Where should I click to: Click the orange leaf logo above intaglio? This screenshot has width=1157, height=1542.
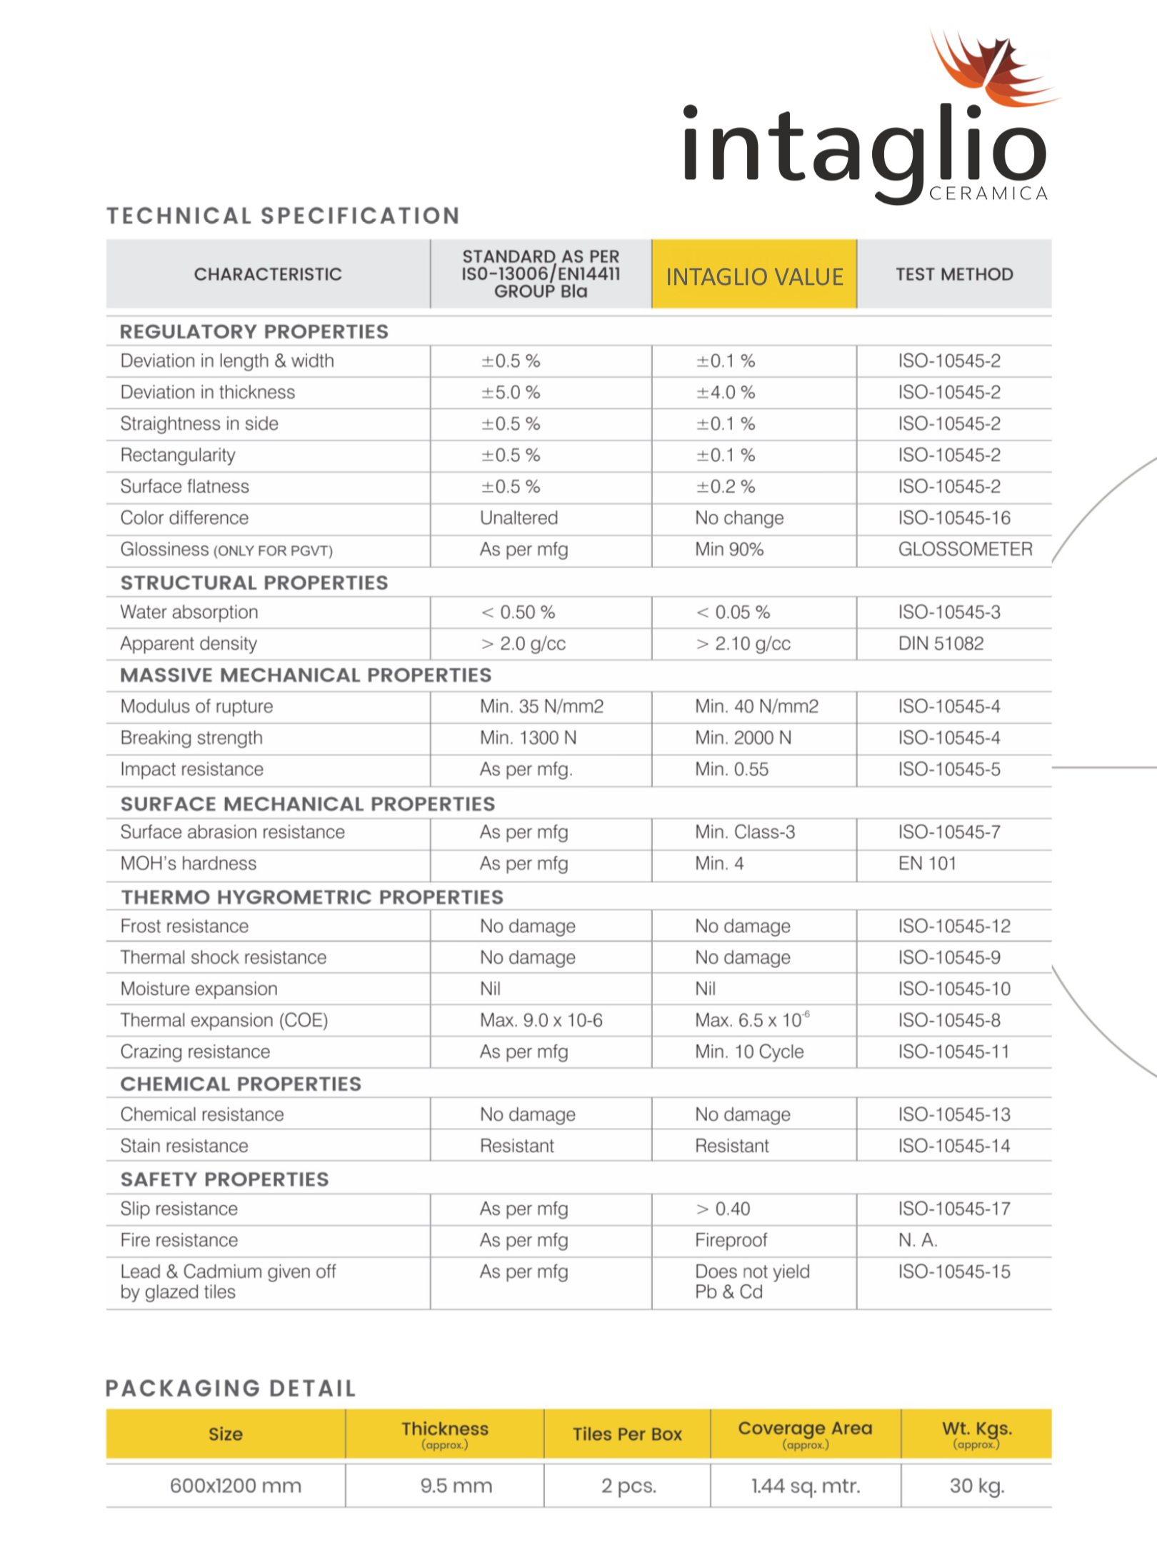click(989, 68)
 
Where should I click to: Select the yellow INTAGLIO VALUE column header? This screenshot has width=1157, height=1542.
click(754, 276)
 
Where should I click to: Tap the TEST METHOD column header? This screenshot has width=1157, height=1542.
click(954, 274)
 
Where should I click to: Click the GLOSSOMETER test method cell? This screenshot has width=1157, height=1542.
click(965, 549)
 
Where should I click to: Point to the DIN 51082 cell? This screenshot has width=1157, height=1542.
click(941, 643)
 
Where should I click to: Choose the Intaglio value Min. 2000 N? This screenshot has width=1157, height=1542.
click(743, 737)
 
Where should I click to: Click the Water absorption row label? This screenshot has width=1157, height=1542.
click(189, 612)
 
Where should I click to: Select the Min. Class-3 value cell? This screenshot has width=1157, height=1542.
click(745, 832)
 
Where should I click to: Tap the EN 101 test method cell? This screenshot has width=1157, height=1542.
click(927, 863)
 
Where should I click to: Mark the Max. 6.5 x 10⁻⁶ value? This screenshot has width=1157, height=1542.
click(752, 1020)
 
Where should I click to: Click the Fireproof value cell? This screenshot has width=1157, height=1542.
click(731, 1240)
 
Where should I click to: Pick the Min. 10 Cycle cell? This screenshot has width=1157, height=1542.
click(749, 1052)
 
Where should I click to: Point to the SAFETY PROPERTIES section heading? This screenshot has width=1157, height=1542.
click(224, 1179)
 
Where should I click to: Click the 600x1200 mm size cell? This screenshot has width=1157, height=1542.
click(236, 1486)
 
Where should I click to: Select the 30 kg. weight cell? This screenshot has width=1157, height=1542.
click(976, 1486)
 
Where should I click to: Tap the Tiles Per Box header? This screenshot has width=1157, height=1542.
click(627, 1434)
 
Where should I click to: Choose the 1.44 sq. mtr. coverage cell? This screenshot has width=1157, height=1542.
click(805, 1486)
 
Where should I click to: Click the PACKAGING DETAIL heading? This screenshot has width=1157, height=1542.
click(231, 1388)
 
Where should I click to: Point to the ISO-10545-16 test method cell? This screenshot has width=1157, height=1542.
click(954, 518)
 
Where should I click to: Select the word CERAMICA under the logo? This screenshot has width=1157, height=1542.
click(988, 193)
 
